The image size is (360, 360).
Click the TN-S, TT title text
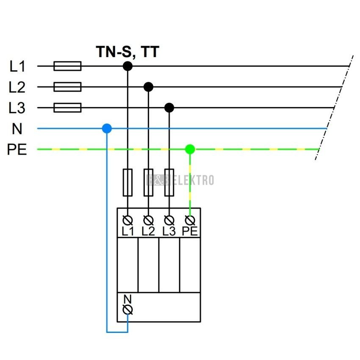[127, 52]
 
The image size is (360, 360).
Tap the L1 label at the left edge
[17, 66]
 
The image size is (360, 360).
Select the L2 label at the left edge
[17, 87]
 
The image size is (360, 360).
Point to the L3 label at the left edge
[17, 108]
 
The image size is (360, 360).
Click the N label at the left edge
[17, 128]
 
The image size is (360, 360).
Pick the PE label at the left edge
[17, 150]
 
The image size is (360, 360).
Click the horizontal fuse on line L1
[67, 66]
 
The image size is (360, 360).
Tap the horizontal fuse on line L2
[67, 87]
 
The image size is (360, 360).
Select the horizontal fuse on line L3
[67, 108]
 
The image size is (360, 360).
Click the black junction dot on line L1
[127, 66]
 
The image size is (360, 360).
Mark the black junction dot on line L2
[148, 87]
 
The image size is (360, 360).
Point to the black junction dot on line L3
[169, 108]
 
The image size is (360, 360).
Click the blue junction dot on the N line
[107, 128]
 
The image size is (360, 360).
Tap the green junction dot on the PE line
[190, 149]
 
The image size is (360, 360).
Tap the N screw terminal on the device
[127, 310]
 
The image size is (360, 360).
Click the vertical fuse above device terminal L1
[127, 182]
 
